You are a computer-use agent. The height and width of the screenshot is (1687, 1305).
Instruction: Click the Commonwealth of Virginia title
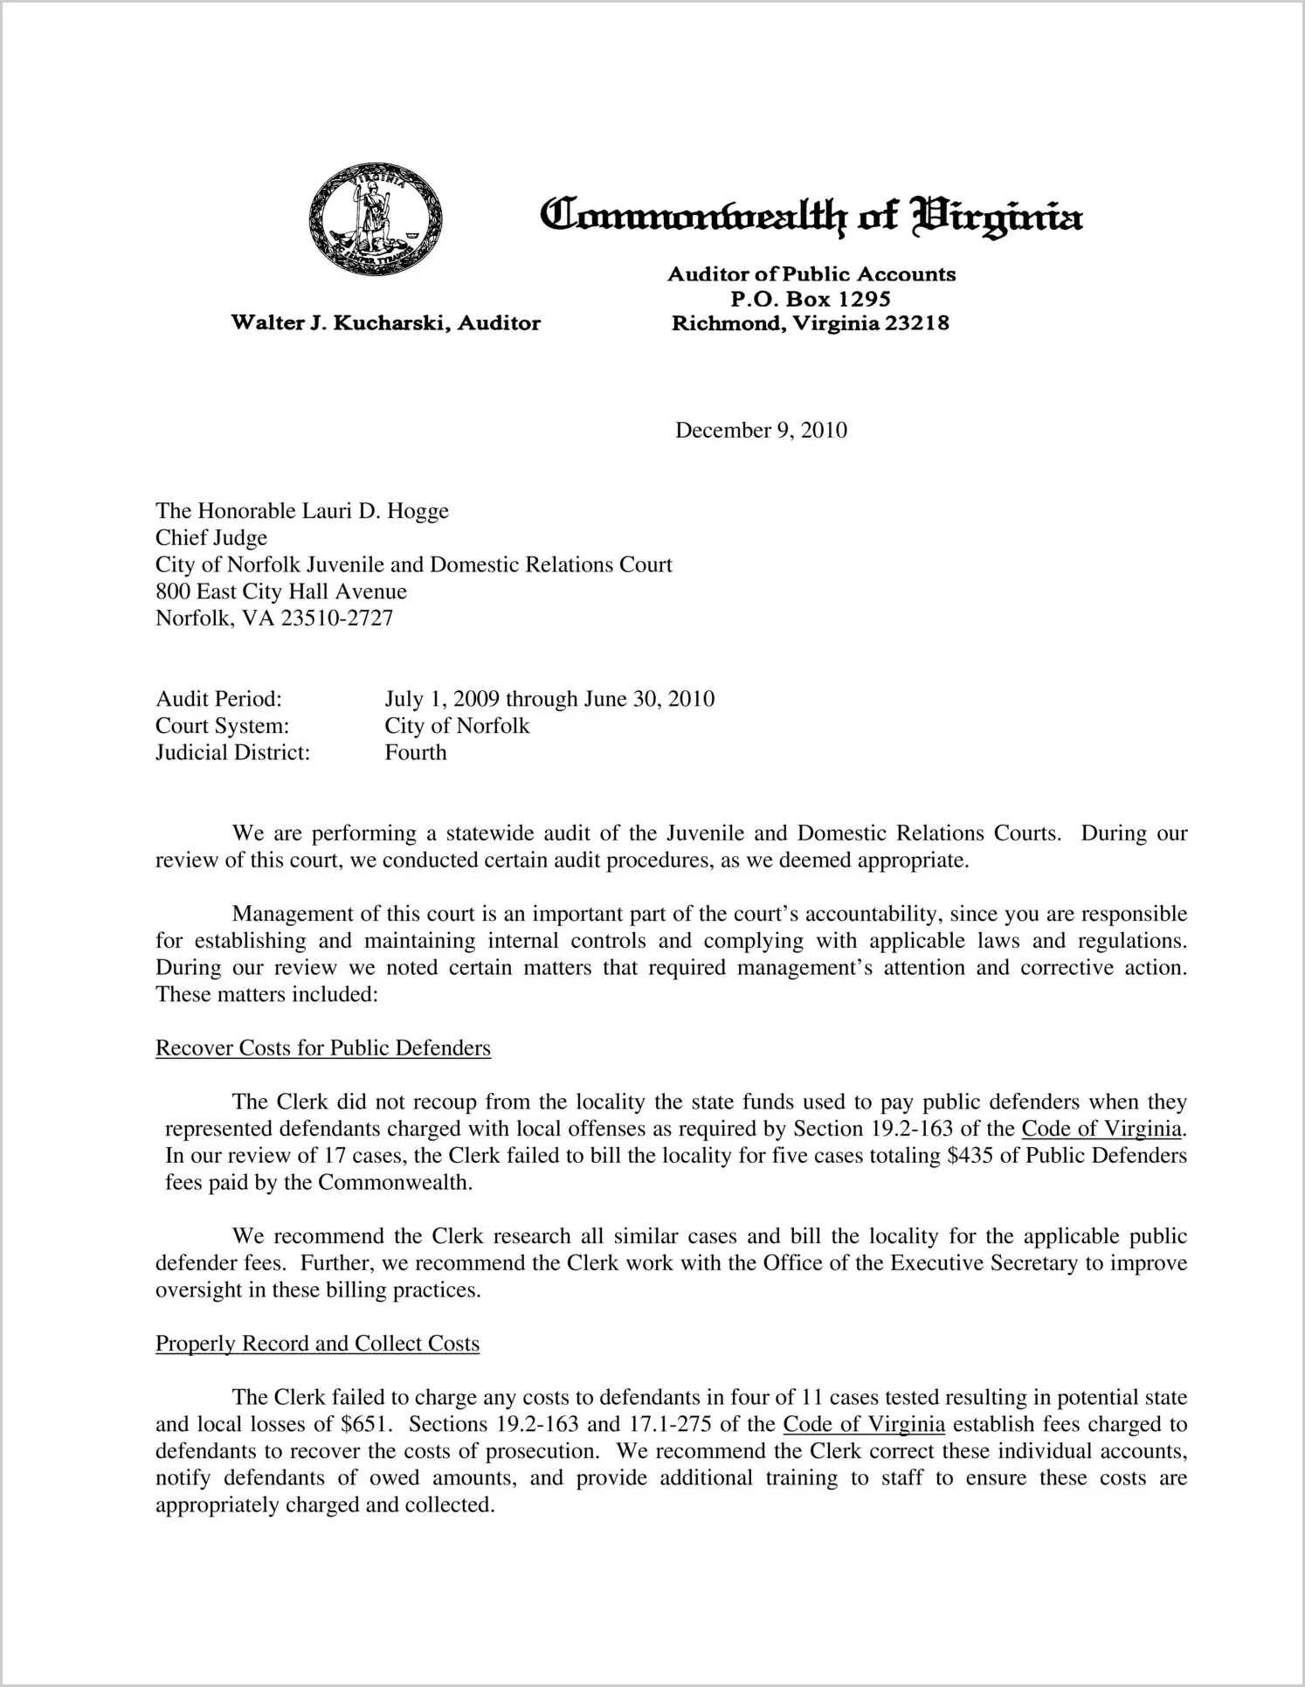coord(811,215)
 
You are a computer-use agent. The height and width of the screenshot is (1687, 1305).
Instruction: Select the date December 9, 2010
coord(761,431)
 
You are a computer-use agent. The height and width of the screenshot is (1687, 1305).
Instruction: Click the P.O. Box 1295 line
coord(811,299)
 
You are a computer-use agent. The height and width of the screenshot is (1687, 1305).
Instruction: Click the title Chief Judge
coord(211,538)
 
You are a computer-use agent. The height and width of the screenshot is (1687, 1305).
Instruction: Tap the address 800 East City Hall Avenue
coord(281,592)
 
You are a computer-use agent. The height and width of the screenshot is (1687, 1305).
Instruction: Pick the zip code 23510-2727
coord(336,619)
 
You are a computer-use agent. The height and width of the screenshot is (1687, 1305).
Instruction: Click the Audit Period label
coord(218,699)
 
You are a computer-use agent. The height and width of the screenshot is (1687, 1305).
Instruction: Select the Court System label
coord(222,726)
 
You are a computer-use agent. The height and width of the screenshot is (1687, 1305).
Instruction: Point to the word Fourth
coord(416,753)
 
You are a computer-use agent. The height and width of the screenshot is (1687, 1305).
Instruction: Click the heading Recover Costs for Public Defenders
coord(323,1048)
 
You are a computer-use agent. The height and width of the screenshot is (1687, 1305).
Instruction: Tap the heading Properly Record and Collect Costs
coord(317,1344)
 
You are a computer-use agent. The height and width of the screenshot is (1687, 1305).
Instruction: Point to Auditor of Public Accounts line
coord(811,274)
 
